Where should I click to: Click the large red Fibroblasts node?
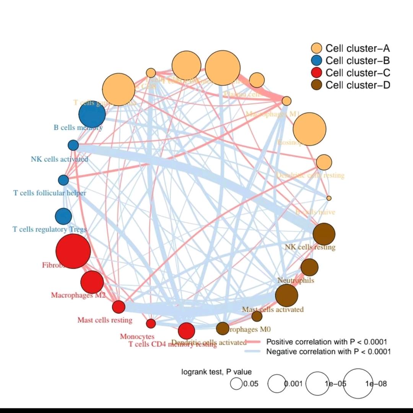[x=73, y=251]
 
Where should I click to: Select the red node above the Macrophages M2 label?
[x=92, y=282]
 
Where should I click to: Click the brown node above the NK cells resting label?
[x=324, y=234]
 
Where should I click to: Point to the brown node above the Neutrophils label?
[x=309, y=267]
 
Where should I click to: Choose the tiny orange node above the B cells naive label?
[x=329, y=198]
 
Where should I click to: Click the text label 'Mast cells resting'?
[x=105, y=320]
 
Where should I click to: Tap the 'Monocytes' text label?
[x=137, y=337]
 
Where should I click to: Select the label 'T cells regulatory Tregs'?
[x=50, y=229]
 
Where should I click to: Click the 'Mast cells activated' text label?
[x=273, y=309]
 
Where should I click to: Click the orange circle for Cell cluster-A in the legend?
[x=317, y=49]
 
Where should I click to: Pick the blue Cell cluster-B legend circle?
[x=317, y=61]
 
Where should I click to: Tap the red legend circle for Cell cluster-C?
[x=317, y=73]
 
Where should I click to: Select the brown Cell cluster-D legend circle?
[x=317, y=85]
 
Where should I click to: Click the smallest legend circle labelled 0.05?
[x=236, y=384]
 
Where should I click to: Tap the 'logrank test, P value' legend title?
[x=216, y=372]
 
